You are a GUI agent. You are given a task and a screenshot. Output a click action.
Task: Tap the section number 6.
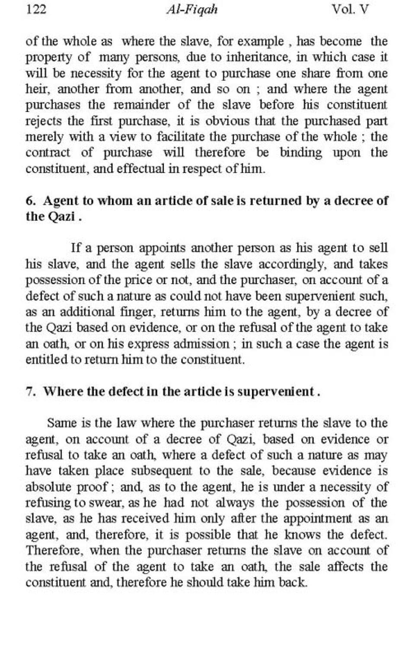pyautogui.click(x=30, y=201)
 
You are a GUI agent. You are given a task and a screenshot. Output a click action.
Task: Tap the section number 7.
pyautogui.click(x=30, y=392)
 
